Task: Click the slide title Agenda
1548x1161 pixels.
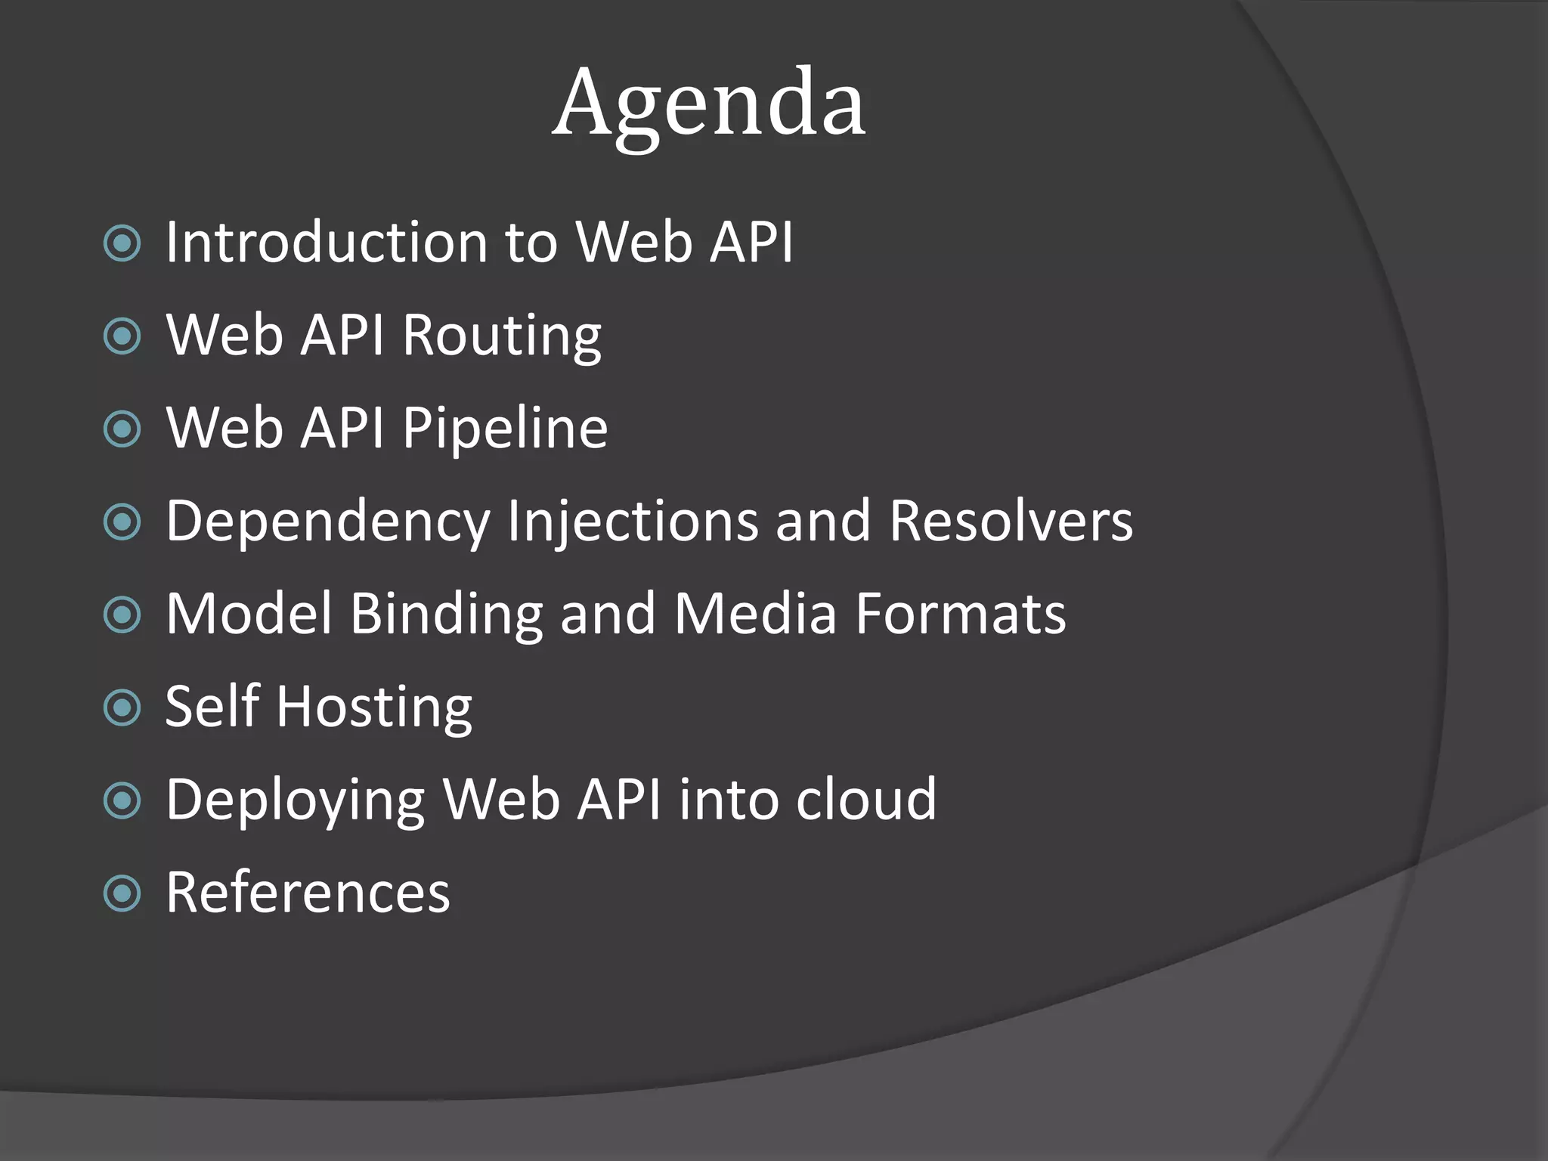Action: coord(709,103)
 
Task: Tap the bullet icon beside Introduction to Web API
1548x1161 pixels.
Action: coord(122,243)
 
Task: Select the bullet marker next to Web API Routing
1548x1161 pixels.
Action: coord(122,336)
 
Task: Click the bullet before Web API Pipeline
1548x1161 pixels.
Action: coord(122,429)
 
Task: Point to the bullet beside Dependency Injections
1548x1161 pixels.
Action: coord(122,522)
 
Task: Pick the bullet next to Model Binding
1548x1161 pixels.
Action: coord(122,615)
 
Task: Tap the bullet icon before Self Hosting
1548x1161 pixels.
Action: coord(122,708)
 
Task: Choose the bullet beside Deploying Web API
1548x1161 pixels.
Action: coord(122,801)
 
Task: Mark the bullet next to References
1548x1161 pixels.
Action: coord(122,894)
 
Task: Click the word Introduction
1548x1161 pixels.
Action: coord(327,243)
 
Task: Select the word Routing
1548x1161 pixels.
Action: coord(502,336)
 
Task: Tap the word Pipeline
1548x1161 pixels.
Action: coord(505,429)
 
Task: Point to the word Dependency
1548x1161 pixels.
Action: coord(328,522)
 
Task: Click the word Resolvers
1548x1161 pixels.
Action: coord(1011,522)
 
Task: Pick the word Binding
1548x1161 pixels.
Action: coord(446,615)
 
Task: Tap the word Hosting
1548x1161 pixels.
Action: coord(374,708)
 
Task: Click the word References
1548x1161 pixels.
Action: coord(308,894)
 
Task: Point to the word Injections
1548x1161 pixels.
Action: coord(633,522)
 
